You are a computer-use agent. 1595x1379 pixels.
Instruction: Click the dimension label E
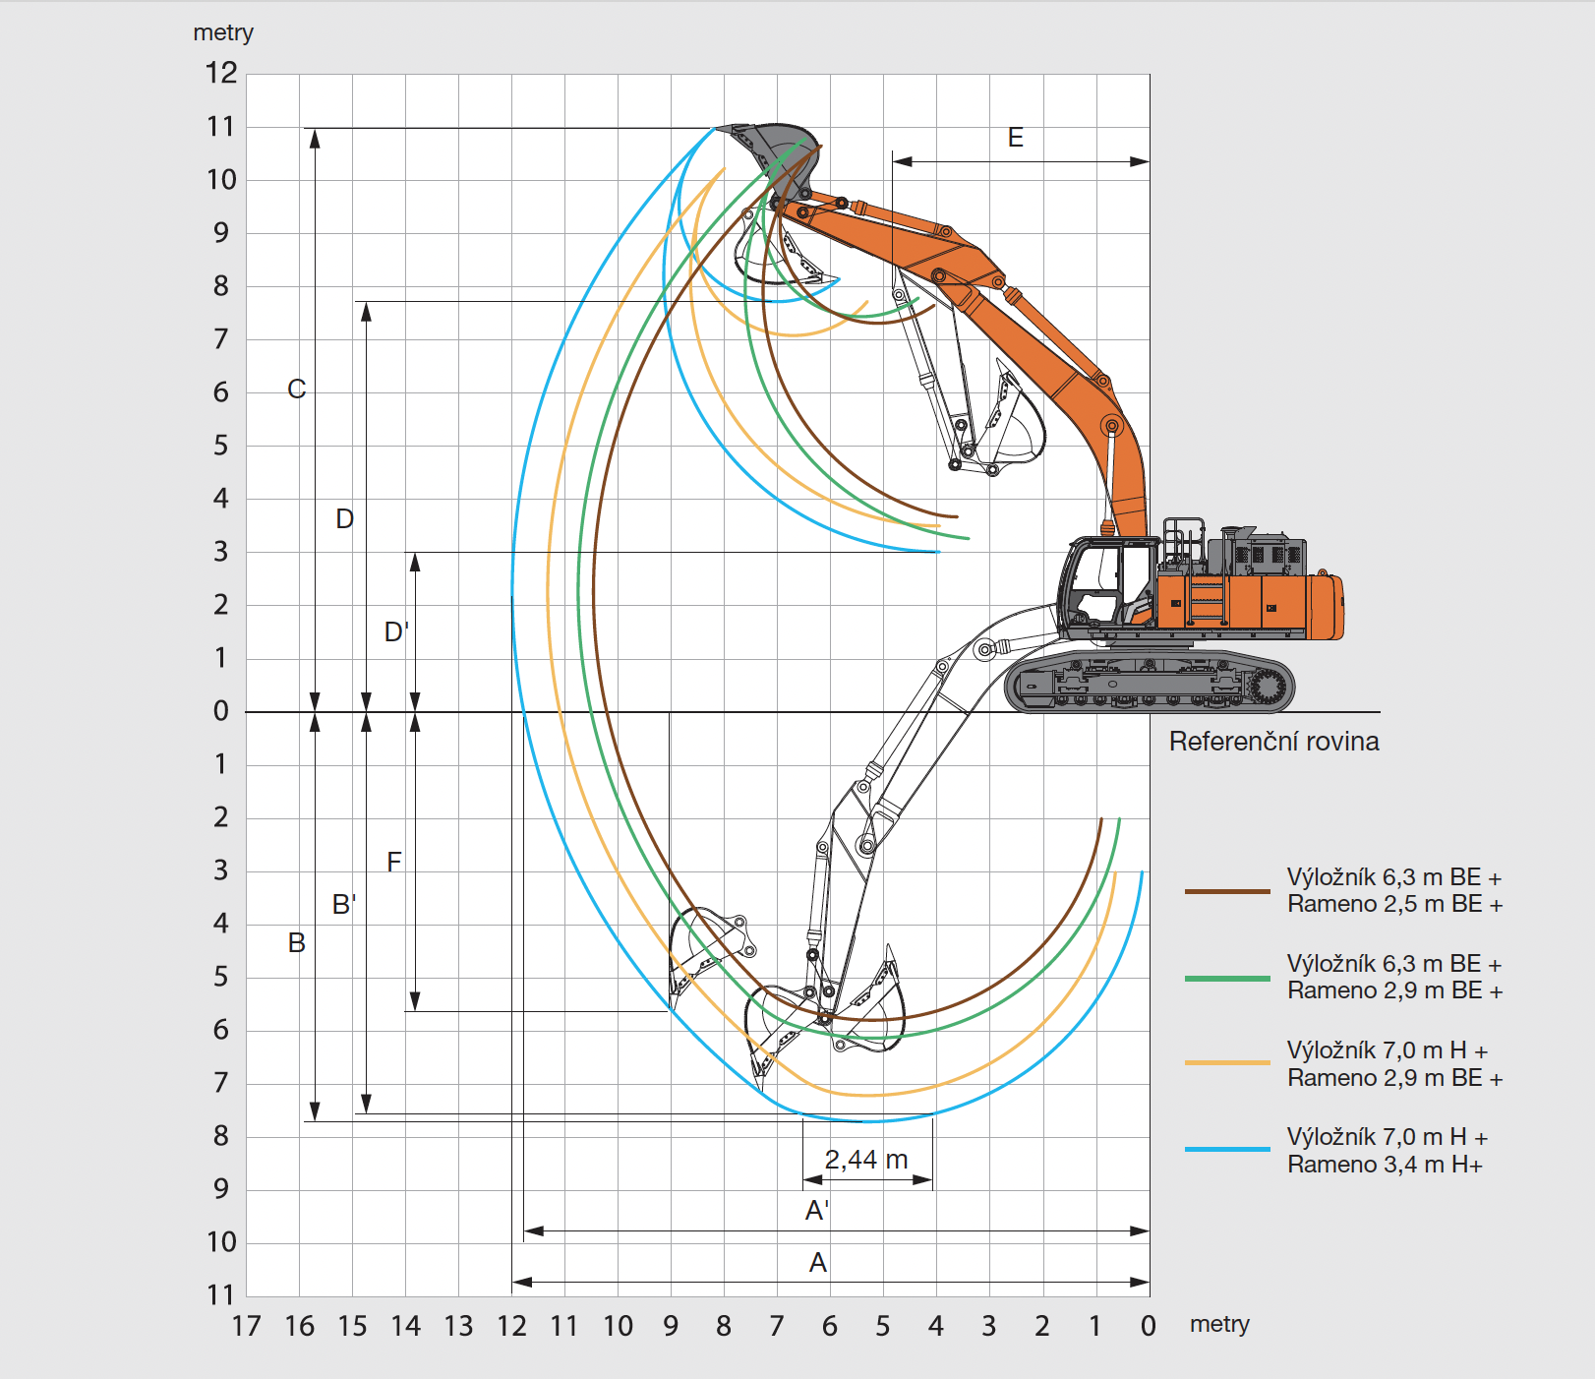1016,138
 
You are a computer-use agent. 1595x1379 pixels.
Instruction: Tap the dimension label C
296,390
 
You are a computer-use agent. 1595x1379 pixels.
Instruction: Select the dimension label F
394,863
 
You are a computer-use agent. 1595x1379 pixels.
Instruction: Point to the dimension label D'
396,631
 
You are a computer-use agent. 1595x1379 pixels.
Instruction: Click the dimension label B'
344,904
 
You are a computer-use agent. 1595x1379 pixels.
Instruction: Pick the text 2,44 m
866,1160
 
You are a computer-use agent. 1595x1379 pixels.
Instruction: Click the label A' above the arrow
817,1211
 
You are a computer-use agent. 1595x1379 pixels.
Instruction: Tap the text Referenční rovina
1273,742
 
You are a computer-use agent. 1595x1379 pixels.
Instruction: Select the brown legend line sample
1227,891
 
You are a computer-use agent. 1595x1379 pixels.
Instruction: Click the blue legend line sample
1227,1149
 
